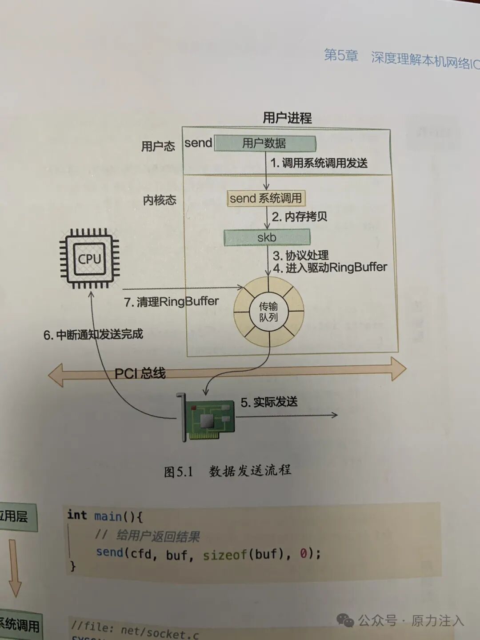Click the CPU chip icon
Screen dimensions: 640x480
point(90,259)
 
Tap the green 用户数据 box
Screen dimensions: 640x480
point(265,143)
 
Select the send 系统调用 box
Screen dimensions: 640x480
point(266,198)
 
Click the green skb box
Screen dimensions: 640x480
point(267,237)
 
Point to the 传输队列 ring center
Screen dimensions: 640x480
point(268,312)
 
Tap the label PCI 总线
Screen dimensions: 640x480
point(140,373)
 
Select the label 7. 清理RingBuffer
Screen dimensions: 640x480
point(171,302)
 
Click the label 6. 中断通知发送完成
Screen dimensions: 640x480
point(93,334)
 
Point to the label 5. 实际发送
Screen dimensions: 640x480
point(269,402)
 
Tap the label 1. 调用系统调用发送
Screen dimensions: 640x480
point(319,163)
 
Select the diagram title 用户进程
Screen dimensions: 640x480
point(287,118)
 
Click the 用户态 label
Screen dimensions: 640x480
point(158,146)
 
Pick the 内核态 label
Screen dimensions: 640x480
point(160,200)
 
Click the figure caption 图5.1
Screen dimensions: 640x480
point(178,472)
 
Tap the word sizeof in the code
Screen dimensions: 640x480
point(224,555)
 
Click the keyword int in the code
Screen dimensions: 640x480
point(77,515)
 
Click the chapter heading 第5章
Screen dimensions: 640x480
point(341,55)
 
